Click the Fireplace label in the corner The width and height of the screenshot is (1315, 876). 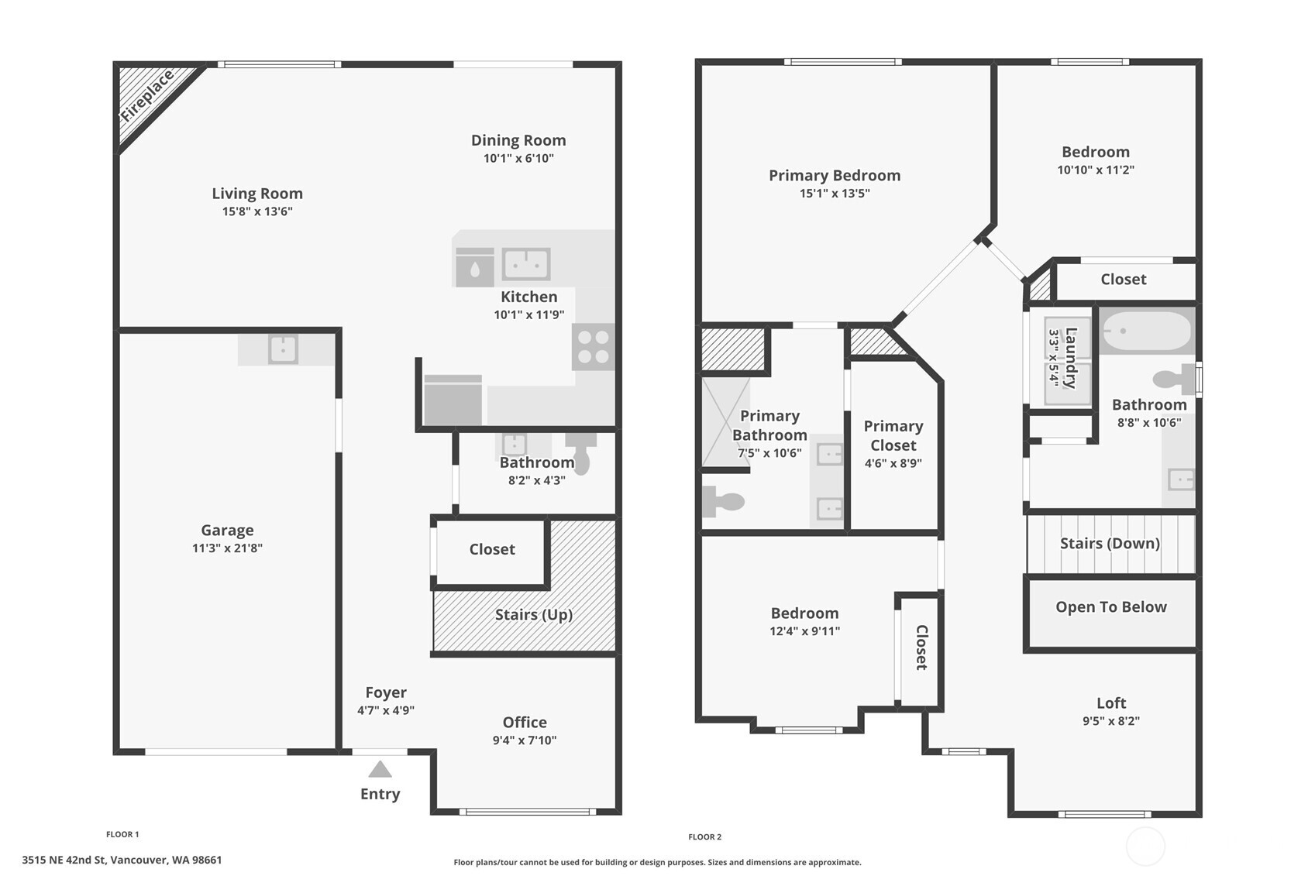pos(147,97)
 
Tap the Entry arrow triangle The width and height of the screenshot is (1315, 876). pos(380,769)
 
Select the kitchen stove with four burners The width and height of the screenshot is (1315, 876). pos(593,347)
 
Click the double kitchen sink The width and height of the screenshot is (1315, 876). pos(526,264)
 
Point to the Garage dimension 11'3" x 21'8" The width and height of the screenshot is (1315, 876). pos(227,548)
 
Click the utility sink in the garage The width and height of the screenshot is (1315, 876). pos(283,349)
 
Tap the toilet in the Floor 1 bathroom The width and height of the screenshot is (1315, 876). pos(580,452)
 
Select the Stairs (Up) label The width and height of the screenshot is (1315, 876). pos(533,614)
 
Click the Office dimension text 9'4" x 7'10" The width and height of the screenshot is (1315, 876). pos(525,740)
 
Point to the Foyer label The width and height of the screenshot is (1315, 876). pos(386,692)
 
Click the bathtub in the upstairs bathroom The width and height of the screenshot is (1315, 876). pos(1146,332)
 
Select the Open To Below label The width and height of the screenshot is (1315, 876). pos(1110,606)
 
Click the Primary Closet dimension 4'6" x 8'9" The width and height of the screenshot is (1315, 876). pos(893,463)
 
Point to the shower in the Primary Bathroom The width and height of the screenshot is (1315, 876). pos(725,422)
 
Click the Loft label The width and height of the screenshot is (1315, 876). pos(1110,703)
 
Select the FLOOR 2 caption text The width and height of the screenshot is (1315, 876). pos(704,836)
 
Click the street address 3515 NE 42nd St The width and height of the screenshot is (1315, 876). pos(122,860)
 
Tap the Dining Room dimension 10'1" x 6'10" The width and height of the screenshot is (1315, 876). pos(518,158)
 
